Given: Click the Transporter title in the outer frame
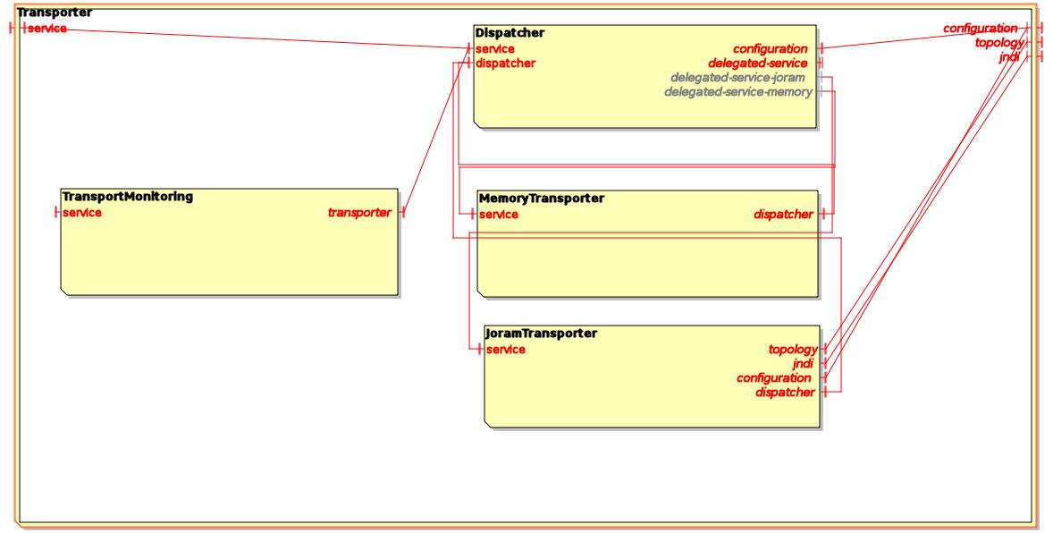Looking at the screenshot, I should [55, 13].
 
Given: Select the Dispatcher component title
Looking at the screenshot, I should [510, 33].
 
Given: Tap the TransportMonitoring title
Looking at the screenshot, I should [127, 196].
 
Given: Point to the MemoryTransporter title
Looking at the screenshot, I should [542, 198].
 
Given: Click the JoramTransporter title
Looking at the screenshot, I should [541, 334].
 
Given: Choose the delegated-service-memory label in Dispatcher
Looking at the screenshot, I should [738, 91].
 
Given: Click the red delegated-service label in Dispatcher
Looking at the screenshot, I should [758, 63].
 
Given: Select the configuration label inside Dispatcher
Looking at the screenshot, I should [771, 48].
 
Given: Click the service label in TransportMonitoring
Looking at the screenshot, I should [81, 213].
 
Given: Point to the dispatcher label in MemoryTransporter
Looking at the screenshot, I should [784, 214].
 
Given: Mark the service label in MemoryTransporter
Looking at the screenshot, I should [499, 214].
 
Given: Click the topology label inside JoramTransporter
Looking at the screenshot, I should [793, 349].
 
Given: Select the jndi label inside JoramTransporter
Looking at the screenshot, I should [802, 364].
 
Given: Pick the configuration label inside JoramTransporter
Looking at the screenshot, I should [774, 378].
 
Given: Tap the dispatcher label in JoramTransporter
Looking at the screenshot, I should [784, 393].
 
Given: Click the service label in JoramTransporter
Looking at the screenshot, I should [505, 349].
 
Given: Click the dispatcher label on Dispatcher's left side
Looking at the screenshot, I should [505, 63].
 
